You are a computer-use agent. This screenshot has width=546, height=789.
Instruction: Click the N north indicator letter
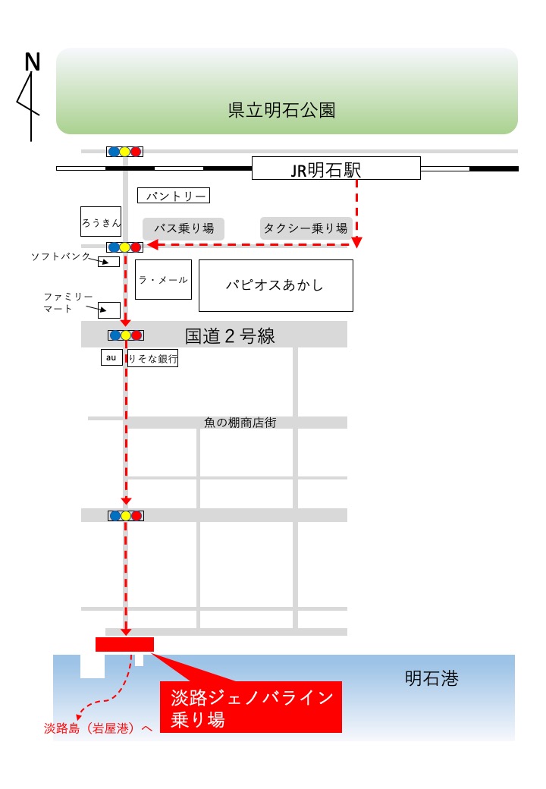point(32,62)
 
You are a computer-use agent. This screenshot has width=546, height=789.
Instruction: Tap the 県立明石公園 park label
point(281,110)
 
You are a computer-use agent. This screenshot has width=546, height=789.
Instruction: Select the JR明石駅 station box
point(336,168)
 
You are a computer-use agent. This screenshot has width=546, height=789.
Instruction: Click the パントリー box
point(174,195)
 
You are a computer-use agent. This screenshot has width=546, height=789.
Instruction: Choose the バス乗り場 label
point(184,228)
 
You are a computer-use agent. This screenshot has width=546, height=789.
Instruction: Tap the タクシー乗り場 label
point(305,228)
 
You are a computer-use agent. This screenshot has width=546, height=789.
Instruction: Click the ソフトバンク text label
point(61,256)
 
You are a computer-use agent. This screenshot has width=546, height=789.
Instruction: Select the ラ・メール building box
point(163,280)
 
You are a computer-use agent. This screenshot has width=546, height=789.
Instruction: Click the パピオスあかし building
point(276,285)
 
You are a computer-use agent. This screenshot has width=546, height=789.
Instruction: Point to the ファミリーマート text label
point(68,303)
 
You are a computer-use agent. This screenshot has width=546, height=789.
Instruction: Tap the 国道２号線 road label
point(230,335)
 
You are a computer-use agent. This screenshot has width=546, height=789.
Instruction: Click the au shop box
point(111,357)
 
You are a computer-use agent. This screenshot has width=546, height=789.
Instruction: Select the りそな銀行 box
point(153,358)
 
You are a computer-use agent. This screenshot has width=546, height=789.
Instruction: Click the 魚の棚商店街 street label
point(240,423)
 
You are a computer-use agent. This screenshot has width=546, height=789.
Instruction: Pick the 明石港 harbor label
point(432,678)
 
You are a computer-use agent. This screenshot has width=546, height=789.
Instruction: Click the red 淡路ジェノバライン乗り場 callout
point(251,707)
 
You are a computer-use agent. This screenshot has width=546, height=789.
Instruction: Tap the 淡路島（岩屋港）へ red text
point(98,728)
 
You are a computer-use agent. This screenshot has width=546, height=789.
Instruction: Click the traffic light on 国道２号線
point(126,335)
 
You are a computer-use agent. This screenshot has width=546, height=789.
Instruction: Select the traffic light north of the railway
point(124,152)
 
